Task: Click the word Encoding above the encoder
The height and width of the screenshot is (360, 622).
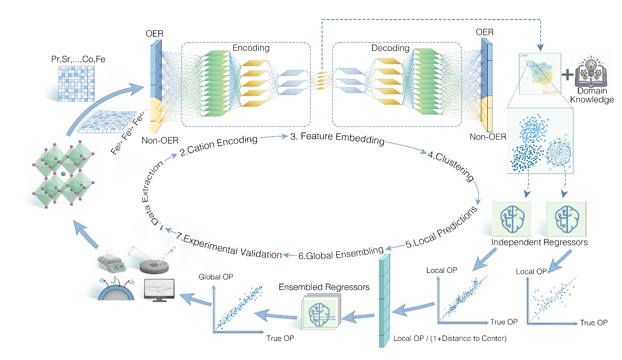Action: (251, 48)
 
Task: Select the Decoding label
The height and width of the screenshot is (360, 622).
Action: (391, 48)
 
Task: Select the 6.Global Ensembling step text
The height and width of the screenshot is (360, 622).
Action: (341, 252)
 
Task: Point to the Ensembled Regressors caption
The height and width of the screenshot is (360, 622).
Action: (324, 287)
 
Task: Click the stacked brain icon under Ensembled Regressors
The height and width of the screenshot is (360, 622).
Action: (319, 312)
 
